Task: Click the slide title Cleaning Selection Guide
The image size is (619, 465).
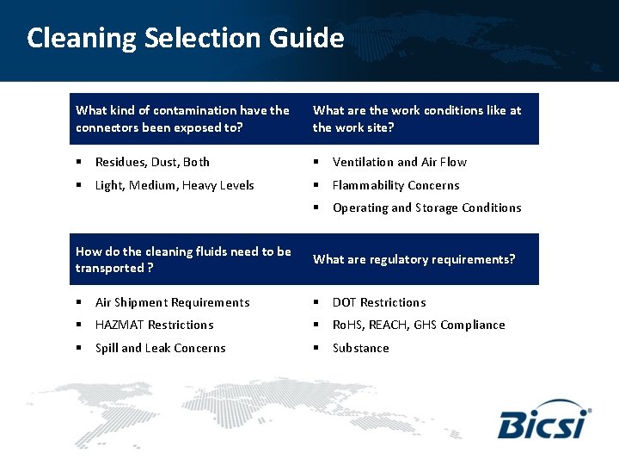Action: (185, 38)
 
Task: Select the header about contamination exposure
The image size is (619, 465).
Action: (182, 119)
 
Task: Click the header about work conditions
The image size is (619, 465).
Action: (417, 119)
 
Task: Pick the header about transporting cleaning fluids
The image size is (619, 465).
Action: (183, 259)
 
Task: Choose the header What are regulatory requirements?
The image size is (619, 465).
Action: (414, 259)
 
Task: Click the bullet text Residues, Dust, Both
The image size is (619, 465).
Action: (152, 162)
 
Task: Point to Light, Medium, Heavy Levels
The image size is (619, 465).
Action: (175, 185)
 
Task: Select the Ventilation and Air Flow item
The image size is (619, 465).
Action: (400, 162)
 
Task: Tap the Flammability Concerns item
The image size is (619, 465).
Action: (395, 185)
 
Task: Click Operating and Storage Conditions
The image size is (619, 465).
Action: (426, 208)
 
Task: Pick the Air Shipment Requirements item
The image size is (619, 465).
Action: (172, 302)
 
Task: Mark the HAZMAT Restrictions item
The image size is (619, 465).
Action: (154, 325)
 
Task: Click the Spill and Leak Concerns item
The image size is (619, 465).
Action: (160, 348)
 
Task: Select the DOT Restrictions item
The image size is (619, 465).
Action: (379, 302)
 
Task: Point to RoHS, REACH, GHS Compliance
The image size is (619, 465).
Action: (419, 325)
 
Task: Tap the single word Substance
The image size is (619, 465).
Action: (360, 348)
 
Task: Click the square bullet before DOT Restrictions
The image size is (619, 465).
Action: (316, 302)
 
